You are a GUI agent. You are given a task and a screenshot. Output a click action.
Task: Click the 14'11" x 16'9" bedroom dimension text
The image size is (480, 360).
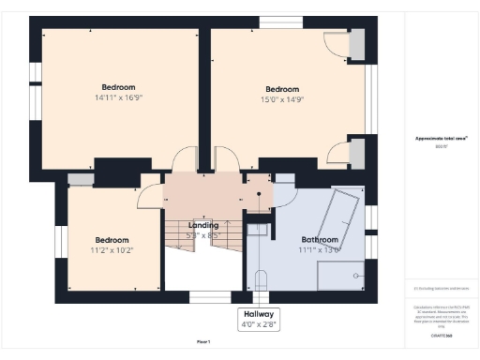coord(117,97)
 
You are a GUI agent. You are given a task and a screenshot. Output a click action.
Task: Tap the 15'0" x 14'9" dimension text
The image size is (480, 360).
coord(289,99)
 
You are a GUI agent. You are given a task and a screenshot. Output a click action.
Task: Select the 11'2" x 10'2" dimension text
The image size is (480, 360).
coord(111,250)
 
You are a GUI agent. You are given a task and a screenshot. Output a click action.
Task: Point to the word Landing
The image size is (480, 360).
coord(203,225)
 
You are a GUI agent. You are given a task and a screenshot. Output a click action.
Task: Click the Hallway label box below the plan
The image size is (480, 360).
coord(259,319)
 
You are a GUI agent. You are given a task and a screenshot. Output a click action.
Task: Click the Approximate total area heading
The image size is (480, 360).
coord(441,139)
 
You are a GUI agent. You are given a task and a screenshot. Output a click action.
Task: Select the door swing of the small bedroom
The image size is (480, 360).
coord(148,194)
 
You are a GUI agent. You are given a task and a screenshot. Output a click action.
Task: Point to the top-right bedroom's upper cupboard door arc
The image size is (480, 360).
coord(336,44)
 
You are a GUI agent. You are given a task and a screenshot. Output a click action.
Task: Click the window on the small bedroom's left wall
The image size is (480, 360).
coord(59,241)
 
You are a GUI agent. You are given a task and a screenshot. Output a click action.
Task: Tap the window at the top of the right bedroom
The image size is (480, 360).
coord(275,22)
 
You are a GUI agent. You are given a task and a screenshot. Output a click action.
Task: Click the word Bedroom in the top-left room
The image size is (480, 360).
coord(118,86)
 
